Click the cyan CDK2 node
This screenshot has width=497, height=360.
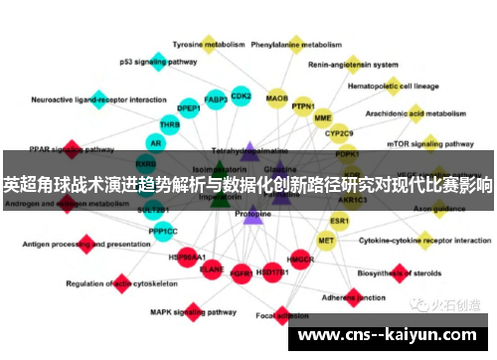[x=241, y=96]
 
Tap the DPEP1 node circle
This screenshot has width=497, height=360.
[x=189, y=108]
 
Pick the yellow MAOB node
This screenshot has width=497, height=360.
[x=277, y=99]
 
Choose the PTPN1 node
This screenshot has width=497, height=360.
[x=303, y=106]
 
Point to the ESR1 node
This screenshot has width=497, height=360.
[x=340, y=220]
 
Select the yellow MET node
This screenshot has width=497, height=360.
[x=326, y=241]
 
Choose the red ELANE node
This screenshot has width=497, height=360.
[x=212, y=269]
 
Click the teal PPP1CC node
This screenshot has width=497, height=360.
[x=163, y=232]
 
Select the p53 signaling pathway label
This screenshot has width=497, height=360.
[x=159, y=61]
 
